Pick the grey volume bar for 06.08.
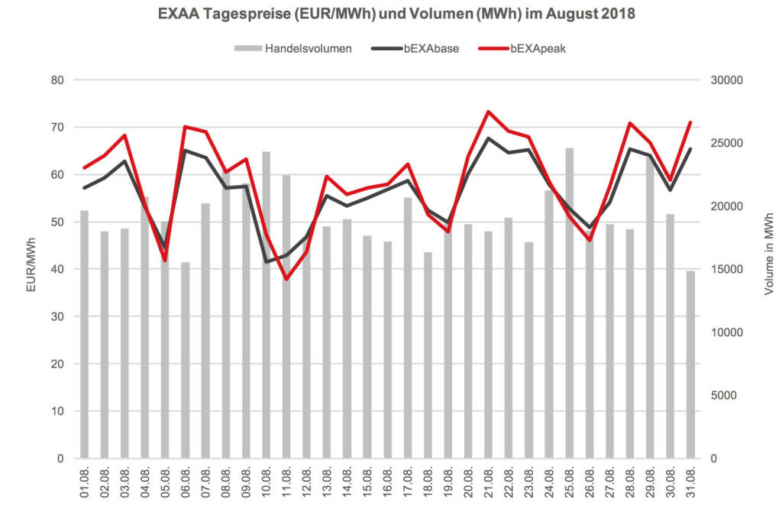186,360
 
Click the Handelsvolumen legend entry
293,49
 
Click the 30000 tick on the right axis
726,79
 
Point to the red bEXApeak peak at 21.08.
489,112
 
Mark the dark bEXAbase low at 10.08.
267,262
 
